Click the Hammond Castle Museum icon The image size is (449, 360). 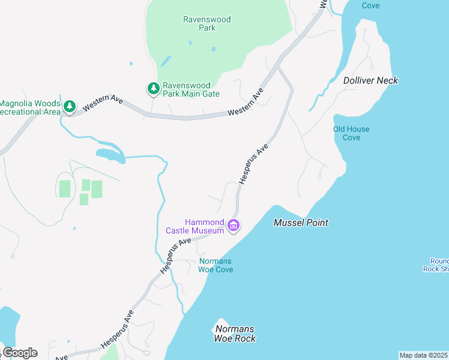pyautogui.click(x=234, y=226)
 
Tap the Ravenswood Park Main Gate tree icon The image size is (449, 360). pyautogui.click(x=154, y=89)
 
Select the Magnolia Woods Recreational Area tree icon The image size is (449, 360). pyautogui.click(x=70, y=107)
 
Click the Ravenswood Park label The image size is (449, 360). pyautogui.click(x=206, y=23)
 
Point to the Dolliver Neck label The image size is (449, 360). pyautogui.click(x=370, y=80)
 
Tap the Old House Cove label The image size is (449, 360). pyautogui.click(x=351, y=133)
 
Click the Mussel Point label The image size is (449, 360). pyautogui.click(x=301, y=223)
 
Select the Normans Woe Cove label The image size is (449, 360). pyautogui.click(x=215, y=265)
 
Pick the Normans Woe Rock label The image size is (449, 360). pyautogui.click(x=234, y=334)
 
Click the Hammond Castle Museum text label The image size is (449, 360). pyautogui.click(x=196, y=226)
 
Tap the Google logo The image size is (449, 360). pyautogui.click(x=20, y=353)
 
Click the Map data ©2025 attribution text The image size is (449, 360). pyautogui.click(x=424, y=355)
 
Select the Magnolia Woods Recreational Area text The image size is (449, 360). pyautogui.click(x=30, y=107)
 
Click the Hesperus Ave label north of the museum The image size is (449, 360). pyautogui.click(x=253, y=163)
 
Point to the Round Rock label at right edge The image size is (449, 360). pyautogui.click(x=439, y=265)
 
